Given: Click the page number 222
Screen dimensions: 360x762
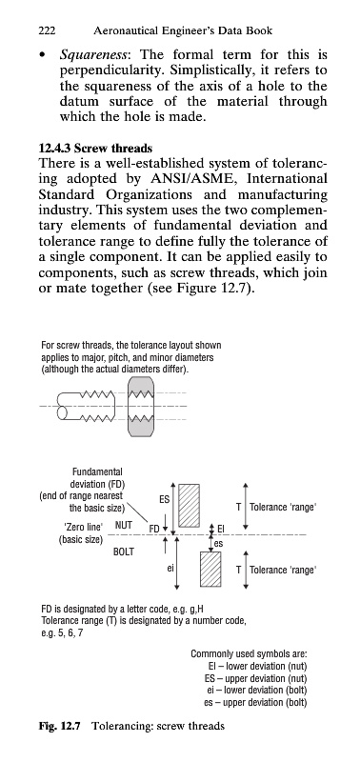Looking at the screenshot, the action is click(47, 31).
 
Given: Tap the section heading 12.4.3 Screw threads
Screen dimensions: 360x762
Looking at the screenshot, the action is click(95, 149).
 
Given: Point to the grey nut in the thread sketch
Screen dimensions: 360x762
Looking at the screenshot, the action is click(141, 407).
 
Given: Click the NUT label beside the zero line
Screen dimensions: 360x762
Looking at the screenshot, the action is click(124, 525).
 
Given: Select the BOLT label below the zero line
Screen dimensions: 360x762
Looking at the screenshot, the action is click(124, 552).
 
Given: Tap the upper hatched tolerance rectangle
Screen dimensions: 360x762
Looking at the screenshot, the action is click(189, 506).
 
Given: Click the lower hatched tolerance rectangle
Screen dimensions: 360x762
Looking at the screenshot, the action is click(210, 569).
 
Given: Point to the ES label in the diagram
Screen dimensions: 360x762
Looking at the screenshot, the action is click(164, 499).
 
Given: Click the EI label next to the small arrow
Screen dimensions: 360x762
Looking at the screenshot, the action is click(221, 529).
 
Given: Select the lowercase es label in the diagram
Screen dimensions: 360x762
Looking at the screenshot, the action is click(219, 544).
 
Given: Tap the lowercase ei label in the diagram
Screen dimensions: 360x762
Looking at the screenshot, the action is click(170, 567).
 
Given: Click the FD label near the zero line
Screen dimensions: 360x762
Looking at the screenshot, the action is click(154, 529).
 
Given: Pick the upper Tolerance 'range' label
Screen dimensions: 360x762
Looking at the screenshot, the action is click(283, 508).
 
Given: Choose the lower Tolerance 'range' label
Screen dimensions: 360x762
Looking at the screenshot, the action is click(283, 570).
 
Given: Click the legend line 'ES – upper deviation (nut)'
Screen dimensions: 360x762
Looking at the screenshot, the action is click(255, 678).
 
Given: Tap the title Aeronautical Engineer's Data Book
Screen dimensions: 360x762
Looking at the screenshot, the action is click(183, 31).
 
